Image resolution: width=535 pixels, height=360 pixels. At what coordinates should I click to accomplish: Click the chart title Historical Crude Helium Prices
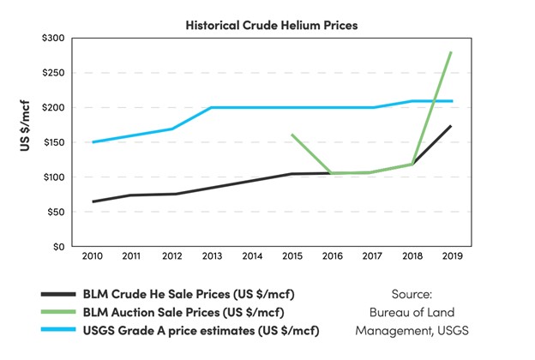pos(271,25)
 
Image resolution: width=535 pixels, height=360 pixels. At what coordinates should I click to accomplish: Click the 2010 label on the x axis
pos(93,255)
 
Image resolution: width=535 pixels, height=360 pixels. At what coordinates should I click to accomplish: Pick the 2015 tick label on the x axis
pos(292,255)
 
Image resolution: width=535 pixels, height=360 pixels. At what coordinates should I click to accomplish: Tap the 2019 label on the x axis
pos(452,255)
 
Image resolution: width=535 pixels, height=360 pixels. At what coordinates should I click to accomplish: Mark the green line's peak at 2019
pos(451,52)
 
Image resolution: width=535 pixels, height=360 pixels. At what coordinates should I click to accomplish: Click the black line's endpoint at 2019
pos(451,126)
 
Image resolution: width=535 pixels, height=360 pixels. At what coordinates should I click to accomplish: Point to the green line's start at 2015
pos(292,135)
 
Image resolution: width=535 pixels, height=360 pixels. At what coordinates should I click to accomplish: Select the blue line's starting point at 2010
pos(93,142)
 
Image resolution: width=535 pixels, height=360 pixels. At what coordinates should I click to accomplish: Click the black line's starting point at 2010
pos(93,201)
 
